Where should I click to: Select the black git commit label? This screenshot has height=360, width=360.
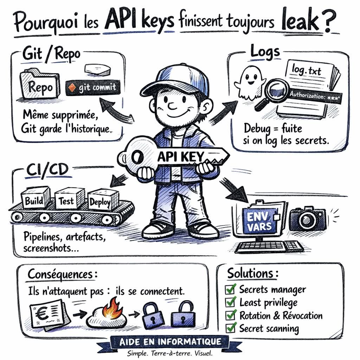pos(93,88)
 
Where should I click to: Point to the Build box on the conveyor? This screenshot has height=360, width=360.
pos(36,198)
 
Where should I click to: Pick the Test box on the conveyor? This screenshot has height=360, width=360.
pos(69,199)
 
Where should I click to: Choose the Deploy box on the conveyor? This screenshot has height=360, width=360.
pos(103,200)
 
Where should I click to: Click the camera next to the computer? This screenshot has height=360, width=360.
pos(308,219)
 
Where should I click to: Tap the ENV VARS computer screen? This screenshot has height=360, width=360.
pos(259,221)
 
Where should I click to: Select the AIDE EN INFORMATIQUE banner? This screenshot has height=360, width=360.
pos(170,342)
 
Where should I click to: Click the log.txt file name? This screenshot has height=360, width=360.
pos(306,70)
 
